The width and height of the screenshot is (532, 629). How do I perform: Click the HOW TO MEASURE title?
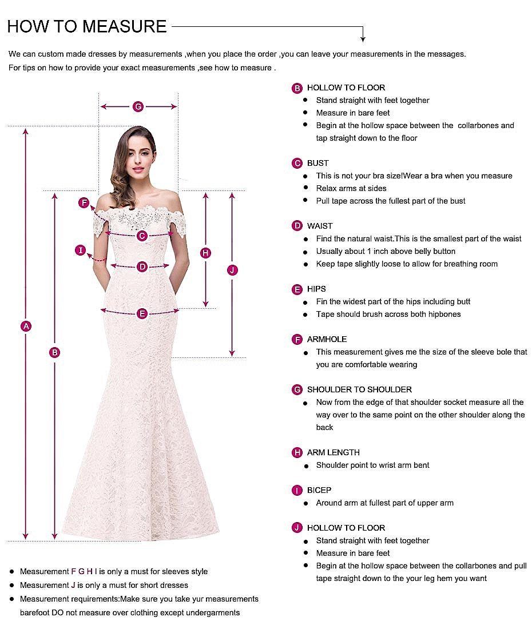coord(87,26)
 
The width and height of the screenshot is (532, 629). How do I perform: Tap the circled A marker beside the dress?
coord(25,326)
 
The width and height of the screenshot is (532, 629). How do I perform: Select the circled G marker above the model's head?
coord(138,106)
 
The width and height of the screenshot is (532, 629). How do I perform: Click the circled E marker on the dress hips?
coord(142,313)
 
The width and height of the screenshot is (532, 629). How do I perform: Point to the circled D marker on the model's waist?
coord(142,266)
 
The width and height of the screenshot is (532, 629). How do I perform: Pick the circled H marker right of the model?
coord(206,253)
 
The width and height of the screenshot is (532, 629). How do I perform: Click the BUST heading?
coord(317,164)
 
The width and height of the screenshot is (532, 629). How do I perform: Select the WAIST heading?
coord(319,226)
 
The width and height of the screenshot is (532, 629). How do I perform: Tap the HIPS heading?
coord(316,289)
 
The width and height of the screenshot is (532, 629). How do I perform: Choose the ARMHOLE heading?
coord(327,339)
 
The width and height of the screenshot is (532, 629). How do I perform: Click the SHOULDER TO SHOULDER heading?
coord(359,389)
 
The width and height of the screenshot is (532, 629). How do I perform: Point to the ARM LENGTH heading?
coord(333,452)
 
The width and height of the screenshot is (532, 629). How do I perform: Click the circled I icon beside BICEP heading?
coord(297,490)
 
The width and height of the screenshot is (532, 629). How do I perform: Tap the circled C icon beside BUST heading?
coord(297,164)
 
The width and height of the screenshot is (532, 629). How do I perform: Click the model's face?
coord(137,154)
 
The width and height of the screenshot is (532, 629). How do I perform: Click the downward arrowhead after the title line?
coord(363,38)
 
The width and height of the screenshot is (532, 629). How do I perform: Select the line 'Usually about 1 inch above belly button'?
coord(386,251)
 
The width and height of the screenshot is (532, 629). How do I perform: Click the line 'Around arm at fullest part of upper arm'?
coord(384,503)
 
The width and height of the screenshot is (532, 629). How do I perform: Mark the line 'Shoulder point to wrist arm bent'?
coord(372,465)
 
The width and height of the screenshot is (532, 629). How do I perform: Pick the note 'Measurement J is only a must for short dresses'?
coord(104,585)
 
